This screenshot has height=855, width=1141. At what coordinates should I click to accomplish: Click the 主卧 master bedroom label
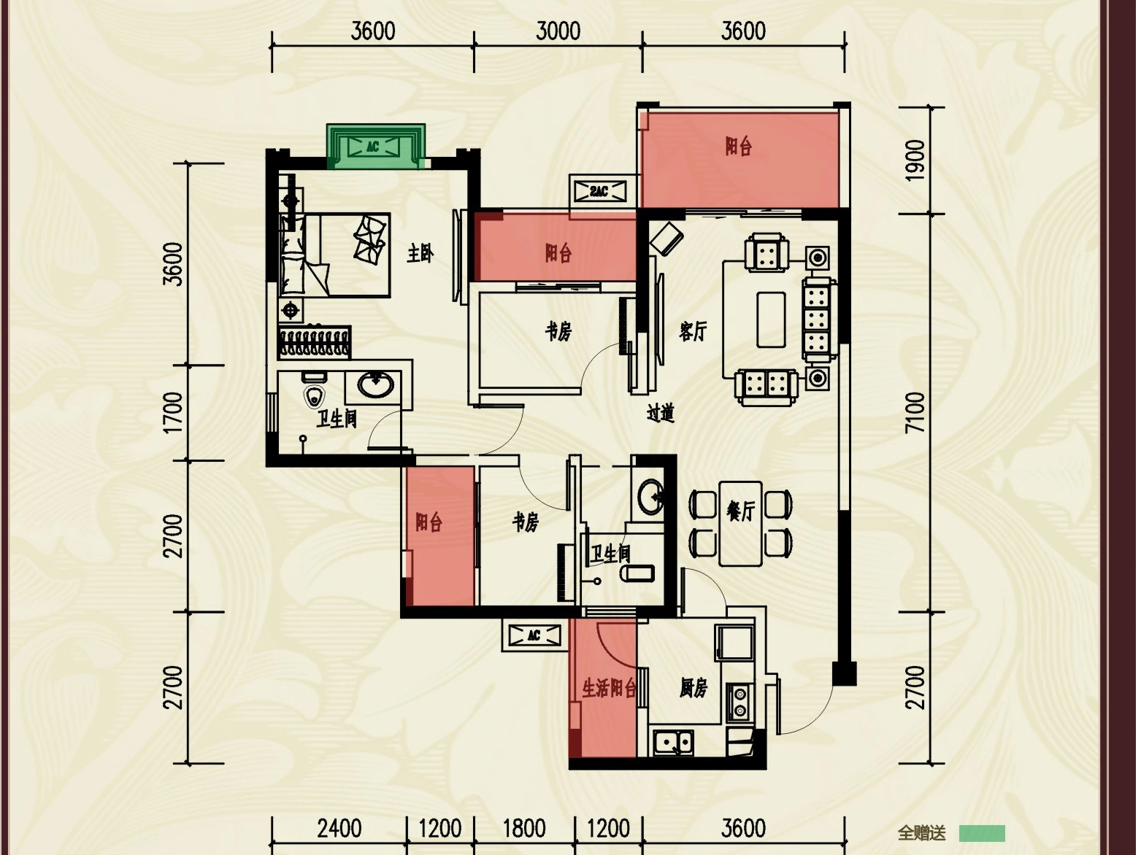pyautogui.click(x=420, y=254)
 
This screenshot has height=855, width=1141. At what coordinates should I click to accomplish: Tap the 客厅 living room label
pyautogui.click(x=693, y=331)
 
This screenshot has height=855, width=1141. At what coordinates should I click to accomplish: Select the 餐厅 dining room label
pyautogui.click(x=740, y=511)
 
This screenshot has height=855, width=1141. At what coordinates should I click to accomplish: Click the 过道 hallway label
pyautogui.click(x=661, y=413)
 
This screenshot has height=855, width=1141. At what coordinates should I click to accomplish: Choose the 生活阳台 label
pyautogui.click(x=610, y=688)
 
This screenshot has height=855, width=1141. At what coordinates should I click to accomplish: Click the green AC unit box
pyautogui.click(x=375, y=147)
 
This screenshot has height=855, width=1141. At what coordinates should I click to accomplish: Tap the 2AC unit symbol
pyautogui.click(x=599, y=192)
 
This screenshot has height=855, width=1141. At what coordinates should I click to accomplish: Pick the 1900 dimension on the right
pyautogui.click(x=915, y=160)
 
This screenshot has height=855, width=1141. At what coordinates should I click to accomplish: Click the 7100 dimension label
pyautogui.click(x=915, y=412)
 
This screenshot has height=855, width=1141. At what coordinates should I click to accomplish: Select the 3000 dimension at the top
pyautogui.click(x=558, y=31)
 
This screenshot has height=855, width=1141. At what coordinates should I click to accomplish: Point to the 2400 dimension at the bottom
pyautogui.click(x=339, y=829)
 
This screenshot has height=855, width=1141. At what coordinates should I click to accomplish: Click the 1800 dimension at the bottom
pyautogui.click(x=524, y=829)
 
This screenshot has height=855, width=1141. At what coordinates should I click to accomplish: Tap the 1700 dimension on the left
pyautogui.click(x=174, y=413)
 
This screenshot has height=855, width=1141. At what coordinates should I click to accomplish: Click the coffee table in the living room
pyautogui.click(x=771, y=320)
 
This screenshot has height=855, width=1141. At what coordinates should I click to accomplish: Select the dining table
pyautogui.click(x=741, y=524)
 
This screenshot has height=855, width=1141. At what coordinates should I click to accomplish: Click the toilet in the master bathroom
pyautogui.click(x=314, y=390)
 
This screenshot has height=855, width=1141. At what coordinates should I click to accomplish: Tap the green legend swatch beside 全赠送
pyautogui.click(x=982, y=833)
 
